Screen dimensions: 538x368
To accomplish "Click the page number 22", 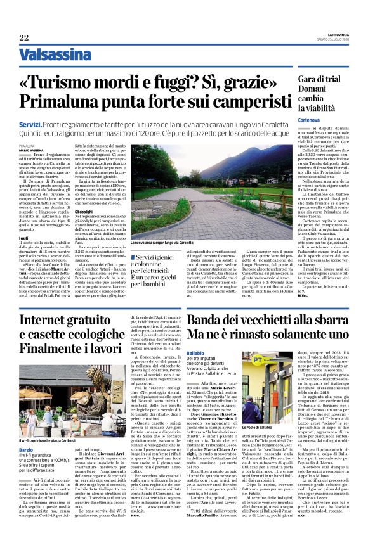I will pyautogui.click(x=23, y=37).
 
